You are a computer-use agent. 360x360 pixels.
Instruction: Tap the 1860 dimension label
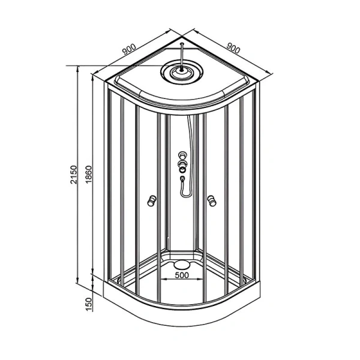tap(88, 174)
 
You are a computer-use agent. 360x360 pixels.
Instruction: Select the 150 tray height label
tap(89, 304)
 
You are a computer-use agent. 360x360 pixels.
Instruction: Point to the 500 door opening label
tap(182, 275)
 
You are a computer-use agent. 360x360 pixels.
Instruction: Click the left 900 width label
tap(129, 49)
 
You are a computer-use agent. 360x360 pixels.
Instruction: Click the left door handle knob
tap(152, 200)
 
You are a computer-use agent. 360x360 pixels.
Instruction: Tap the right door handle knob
tap(211, 200)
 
